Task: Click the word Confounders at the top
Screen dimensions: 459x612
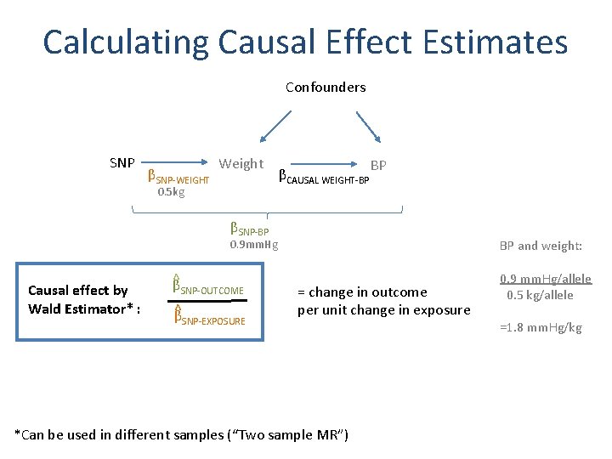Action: (326, 88)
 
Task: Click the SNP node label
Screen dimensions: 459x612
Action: (122, 162)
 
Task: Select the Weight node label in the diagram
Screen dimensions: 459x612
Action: (241, 163)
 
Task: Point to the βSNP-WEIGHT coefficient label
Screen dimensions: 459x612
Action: (178, 178)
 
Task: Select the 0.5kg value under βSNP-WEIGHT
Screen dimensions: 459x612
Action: (171, 192)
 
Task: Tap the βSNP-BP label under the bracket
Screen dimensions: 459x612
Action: (250, 229)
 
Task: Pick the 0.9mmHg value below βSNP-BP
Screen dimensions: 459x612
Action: (254, 245)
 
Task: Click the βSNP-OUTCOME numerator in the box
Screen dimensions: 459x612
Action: (208, 288)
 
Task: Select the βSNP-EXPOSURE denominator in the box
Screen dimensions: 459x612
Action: (208, 319)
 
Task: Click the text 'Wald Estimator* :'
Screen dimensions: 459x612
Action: (84, 309)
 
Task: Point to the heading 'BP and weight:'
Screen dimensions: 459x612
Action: (541, 246)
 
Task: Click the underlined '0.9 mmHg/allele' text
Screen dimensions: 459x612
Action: (546, 279)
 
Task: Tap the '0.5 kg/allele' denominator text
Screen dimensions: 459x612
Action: (541, 295)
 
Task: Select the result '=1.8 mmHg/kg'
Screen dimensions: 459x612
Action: (541, 327)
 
